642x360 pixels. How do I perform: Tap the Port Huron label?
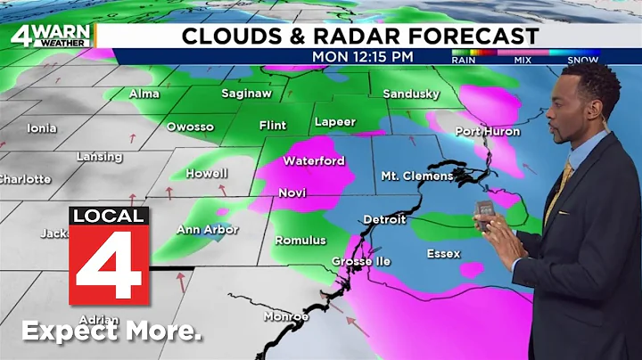pyautogui.click(x=486, y=131)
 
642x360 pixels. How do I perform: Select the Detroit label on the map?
pyautogui.click(x=384, y=219)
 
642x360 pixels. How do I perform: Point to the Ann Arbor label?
pyautogui.click(x=207, y=230)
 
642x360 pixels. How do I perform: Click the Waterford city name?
pyautogui.click(x=314, y=161)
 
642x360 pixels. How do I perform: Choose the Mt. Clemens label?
pyautogui.click(x=416, y=176)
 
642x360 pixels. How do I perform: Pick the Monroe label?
pyautogui.click(x=286, y=316)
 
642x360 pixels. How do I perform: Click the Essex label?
pyautogui.click(x=443, y=254)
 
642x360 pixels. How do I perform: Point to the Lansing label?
pyautogui.click(x=99, y=157)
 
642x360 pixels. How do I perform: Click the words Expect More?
pyautogui.click(x=111, y=331)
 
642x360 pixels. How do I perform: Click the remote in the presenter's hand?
pyautogui.click(x=487, y=215)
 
